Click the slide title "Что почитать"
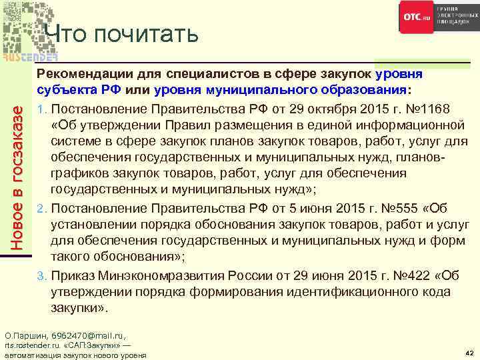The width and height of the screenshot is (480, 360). pos(123,33)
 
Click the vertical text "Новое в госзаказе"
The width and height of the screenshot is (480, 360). pos(20,176)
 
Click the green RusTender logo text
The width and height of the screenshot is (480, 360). pos(29,55)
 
